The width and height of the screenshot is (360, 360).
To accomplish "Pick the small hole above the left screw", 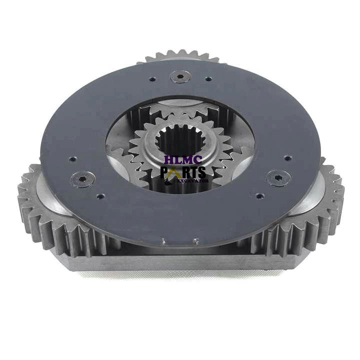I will (x=72, y=159).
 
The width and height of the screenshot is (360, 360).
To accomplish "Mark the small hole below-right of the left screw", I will (x=100, y=196).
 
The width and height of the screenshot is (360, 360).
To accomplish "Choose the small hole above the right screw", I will (x=287, y=158).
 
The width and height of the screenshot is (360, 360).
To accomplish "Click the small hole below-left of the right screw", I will (x=259, y=195).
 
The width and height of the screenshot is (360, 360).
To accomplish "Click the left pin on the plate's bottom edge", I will (x=162, y=241).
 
